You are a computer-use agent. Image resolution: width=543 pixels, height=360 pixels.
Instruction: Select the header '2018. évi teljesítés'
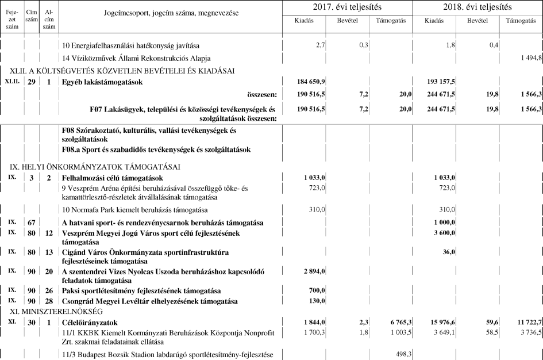click(477, 7)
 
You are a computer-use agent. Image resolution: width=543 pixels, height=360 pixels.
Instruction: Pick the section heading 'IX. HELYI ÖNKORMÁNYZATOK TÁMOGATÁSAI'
click(95, 167)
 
